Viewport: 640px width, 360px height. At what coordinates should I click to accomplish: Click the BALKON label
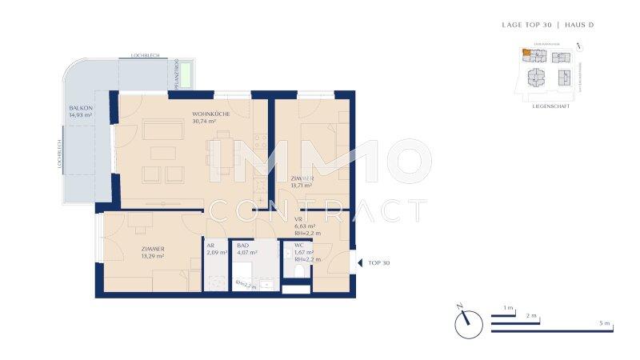coord(80,108)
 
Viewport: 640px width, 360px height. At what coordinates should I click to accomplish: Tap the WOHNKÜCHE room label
coord(209,114)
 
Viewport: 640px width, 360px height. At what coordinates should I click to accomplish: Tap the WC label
coord(298,245)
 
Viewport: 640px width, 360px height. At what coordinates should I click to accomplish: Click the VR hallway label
coord(298,218)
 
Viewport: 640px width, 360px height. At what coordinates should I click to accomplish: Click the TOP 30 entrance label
coord(378,262)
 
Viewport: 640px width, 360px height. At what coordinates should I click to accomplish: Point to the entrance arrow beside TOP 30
coord(360,262)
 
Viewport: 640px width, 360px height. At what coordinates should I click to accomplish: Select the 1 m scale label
coord(508,307)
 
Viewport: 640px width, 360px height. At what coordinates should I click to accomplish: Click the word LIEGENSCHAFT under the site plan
coord(550,106)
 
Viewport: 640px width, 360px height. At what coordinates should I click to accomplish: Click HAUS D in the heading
coord(579,25)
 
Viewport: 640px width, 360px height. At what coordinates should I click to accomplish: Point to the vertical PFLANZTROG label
coord(174,76)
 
